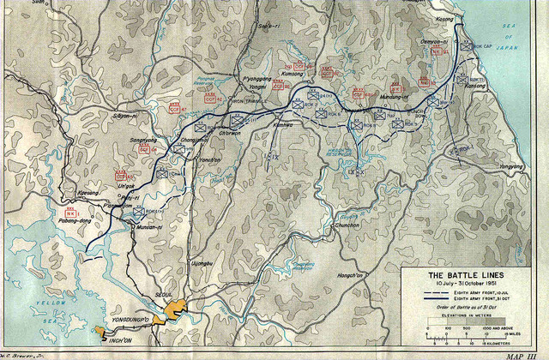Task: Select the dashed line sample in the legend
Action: pos(437,294)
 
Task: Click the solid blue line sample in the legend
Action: pos(437,301)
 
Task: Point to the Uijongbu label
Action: pos(201,263)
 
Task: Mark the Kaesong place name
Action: pos(88,194)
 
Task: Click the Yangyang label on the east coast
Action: pos(511,165)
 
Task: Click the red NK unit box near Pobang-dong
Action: pos(70,212)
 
